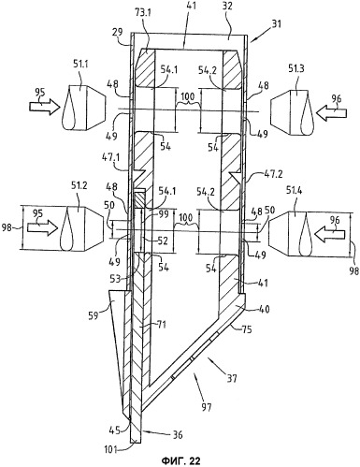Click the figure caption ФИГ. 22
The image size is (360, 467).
click(180, 460)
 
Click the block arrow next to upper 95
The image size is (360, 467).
click(45, 107)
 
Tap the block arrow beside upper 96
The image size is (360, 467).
click(331, 111)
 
